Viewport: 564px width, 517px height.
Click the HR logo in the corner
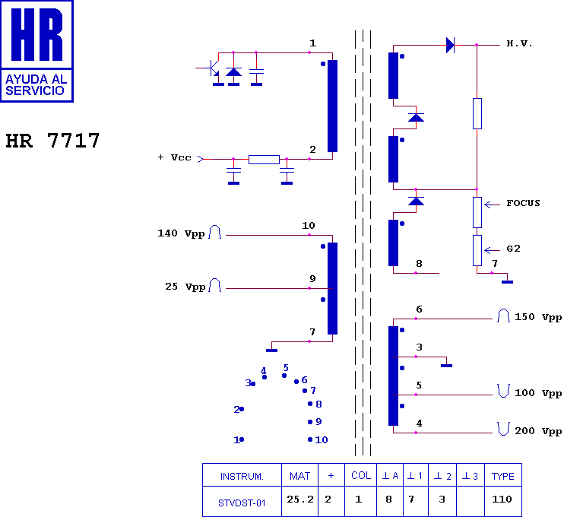click(36, 50)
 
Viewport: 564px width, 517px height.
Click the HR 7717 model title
click(52, 141)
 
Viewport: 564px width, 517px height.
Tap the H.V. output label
click(519, 44)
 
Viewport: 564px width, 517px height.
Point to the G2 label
click(513, 249)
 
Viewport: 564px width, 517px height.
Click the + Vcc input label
click(174, 157)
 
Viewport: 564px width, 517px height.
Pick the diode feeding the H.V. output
click(450, 46)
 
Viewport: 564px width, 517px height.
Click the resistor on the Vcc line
click(264, 160)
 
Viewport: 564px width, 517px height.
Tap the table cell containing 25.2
click(299, 500)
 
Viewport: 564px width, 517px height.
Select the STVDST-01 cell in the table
click(242, 501)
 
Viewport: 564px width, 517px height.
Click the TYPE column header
click(502, 477)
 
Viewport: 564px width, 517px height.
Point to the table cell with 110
click(502, 500)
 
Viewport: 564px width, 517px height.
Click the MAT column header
click(299, 477)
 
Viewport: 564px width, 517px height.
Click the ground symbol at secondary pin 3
click(447, 364)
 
